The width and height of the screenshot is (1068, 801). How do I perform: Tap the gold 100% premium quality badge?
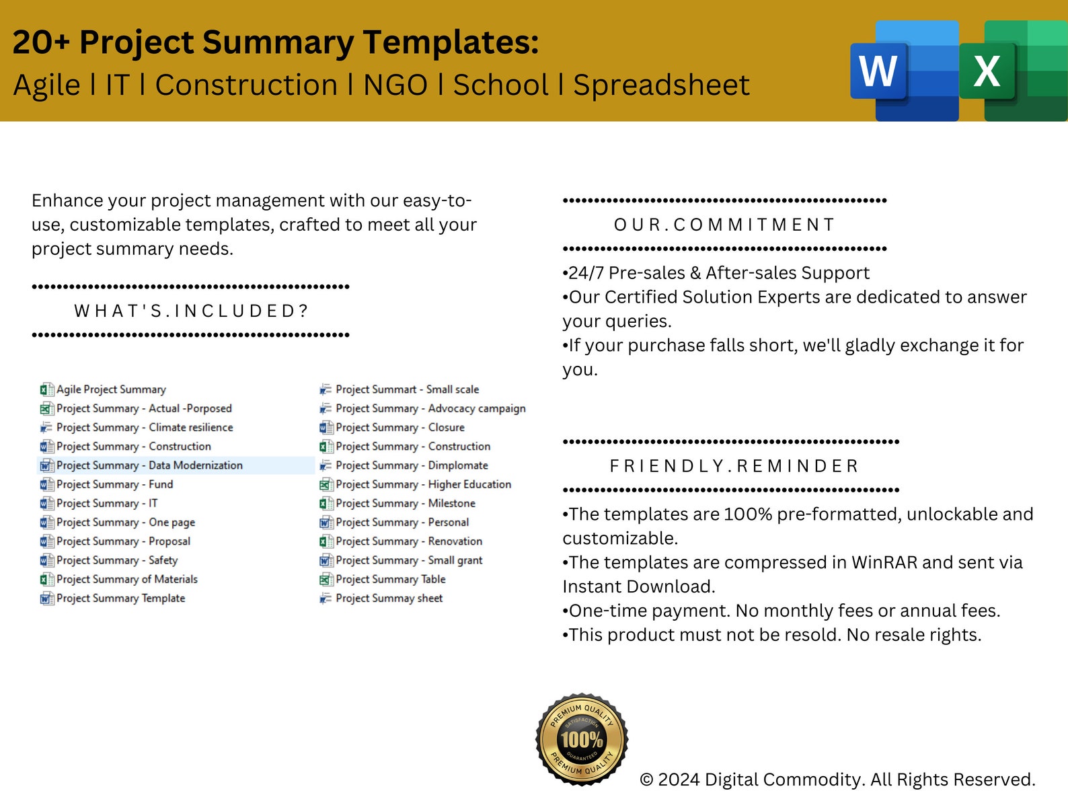(x=582, y=739)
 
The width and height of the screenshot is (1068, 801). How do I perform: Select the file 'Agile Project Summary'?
(x=111, y=389)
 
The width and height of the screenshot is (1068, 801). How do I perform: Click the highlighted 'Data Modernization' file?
(x=149, y=465)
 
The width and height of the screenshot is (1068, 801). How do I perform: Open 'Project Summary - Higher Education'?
(x=423, y=484)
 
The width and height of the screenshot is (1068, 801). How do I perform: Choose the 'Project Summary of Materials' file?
(x=126, y=579)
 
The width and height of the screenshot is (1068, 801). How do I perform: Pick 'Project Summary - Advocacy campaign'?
(x=430, y=408)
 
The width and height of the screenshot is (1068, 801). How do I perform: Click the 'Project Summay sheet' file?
(x=389, y=598)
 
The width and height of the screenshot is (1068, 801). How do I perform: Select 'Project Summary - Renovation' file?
(x=409, y=541)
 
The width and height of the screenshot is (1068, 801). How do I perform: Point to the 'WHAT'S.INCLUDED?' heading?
(x=191, y=311)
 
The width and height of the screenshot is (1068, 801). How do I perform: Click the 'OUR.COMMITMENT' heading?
(x=724, y=225)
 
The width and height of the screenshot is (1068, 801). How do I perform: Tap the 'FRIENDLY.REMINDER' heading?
(x=734, y=466)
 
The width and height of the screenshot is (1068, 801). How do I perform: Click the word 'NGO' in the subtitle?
(x=395, y=85)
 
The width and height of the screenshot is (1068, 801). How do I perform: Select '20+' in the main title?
(x=41, y=42)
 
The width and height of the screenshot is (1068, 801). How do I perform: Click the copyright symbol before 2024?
(x=646, y=780)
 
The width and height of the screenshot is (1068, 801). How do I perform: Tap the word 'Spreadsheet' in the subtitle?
(x=661, y=85)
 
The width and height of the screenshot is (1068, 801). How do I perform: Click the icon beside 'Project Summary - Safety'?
(x=46, y=560)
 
